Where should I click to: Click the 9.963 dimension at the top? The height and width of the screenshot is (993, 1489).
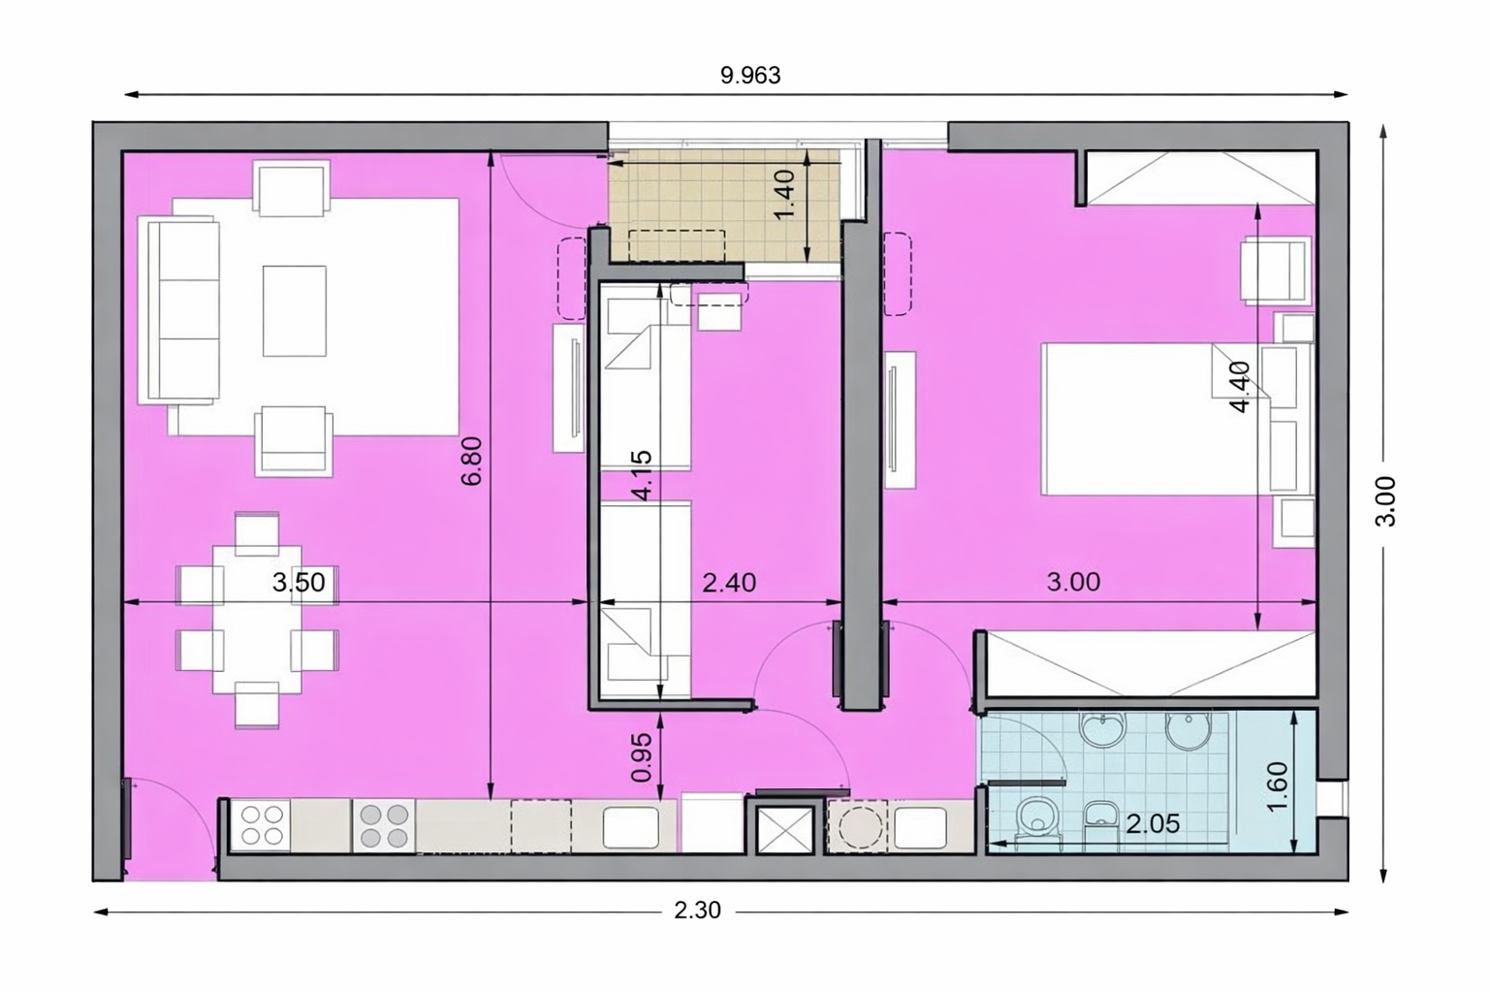[x=750, y=76]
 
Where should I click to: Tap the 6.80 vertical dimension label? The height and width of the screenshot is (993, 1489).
[x=471, y=461]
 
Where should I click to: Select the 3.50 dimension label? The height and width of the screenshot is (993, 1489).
[x=299, y=583]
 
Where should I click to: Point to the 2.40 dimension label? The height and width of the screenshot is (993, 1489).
[x=729, y=583]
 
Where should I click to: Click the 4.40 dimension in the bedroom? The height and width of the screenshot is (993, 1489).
[x=1241, y=387]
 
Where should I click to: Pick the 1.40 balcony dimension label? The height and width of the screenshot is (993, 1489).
[x=784, y=194]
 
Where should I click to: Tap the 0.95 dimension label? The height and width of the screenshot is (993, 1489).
[x=642, y=757]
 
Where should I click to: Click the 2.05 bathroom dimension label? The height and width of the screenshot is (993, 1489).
[x=1153, y=824]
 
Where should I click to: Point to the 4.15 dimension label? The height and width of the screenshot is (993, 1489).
[x=643, y=475]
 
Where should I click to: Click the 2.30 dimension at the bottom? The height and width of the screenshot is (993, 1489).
[x=697, y=910]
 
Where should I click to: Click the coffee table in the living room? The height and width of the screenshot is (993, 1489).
[x=295, y=310]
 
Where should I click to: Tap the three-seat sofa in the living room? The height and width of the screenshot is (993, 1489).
[x=178, y=310]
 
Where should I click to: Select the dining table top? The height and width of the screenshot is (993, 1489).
[x=257, y=620]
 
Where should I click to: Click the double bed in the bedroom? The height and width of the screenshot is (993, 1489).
[x=1156, y=418]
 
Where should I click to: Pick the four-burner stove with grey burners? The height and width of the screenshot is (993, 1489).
[x=384, y=826]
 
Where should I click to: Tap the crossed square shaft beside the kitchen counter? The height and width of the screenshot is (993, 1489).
[x=785, y=829]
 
